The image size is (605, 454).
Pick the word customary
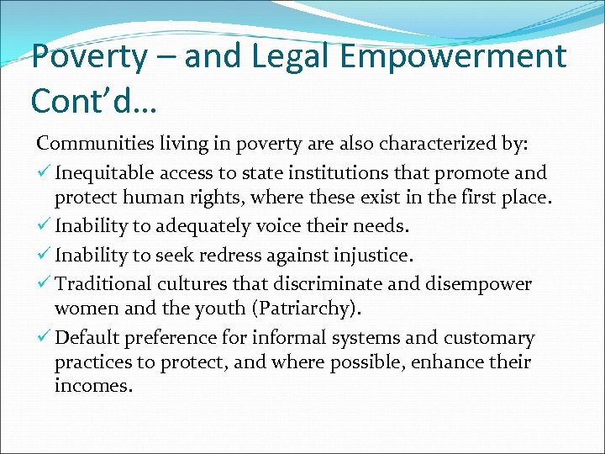point(490,338)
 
